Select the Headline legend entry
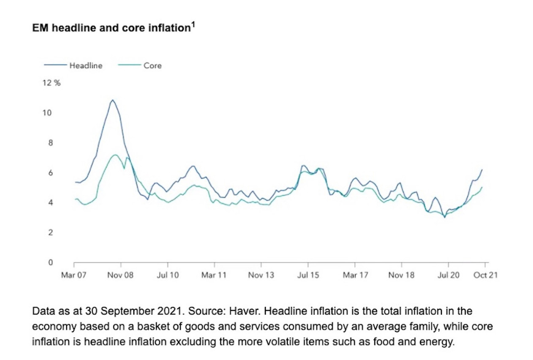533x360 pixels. tap(86, 65)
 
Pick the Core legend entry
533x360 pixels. tap(152, 65)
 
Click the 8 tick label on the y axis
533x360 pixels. tap(51, 143)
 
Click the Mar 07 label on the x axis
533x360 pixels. tap(74, 275)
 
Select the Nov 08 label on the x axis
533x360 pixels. tap(121, 275)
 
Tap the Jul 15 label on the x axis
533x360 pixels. tap(308, 275)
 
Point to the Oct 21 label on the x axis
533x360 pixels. tap(485, 275)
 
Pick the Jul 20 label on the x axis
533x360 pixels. tap(448, 275)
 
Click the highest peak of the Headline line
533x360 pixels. tap(112, 100)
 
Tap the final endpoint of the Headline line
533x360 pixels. tap(482, 169)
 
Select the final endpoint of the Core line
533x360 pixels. tap(482, 187)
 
